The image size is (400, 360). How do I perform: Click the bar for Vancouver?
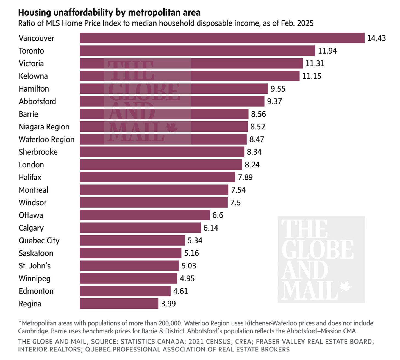(222, 38)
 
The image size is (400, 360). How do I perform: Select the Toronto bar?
(197, 51)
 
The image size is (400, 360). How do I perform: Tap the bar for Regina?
(119, 304)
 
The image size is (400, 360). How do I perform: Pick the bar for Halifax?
(157, 177)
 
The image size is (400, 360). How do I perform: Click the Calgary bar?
(140, 228)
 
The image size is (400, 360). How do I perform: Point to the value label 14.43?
(376, 38)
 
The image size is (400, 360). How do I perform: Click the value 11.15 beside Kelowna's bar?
(312, 76)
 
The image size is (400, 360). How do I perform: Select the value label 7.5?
(235, 203)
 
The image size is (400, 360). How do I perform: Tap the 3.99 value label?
(168, 304)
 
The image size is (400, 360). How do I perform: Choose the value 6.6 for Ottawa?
(218, 215)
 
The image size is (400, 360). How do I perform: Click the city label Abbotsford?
(37, 101)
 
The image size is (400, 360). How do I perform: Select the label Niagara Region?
(44, 127)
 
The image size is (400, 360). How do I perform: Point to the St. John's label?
(35, 266)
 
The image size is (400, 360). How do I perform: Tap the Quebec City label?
(39, 240)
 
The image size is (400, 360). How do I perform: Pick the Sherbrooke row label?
(38, 152)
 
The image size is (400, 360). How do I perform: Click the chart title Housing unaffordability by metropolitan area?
(109, 12)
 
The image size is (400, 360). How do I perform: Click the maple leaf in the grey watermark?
(345, 286)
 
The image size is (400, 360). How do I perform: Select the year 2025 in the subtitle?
(305, 23)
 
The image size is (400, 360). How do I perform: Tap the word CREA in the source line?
(243, 342)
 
